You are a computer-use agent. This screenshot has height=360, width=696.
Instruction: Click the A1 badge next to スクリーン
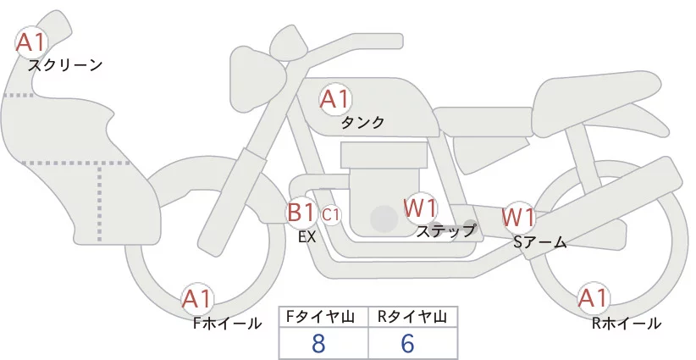pos(32,41)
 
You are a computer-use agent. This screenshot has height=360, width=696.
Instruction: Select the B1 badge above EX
pos(301,212)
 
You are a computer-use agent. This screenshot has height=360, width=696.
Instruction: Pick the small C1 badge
pos(331,214)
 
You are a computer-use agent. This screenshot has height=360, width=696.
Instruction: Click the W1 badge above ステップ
pos(420,208)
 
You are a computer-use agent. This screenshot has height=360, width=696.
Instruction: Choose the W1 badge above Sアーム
pos(518,217)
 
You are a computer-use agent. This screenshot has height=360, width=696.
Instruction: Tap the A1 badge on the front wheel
pos(198,298)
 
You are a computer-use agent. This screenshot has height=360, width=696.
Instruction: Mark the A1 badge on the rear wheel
pos(593,298)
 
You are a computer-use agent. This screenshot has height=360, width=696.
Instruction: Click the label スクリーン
pos(65,64)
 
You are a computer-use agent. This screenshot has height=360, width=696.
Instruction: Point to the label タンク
pos(362,123)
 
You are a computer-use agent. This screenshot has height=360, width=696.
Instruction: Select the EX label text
pos(307,237)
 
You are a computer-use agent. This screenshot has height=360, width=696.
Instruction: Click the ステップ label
pos(446,230)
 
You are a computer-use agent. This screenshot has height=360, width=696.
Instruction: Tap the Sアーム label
pos(539,242)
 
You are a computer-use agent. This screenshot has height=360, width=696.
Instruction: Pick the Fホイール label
pos(228,323)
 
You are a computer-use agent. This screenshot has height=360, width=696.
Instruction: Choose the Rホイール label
pos(627,323)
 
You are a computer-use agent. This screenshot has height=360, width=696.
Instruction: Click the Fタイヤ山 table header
pos(323,317)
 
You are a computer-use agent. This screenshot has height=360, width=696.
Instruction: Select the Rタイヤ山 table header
pos(412,317)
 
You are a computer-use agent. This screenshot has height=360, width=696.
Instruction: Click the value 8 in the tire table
pos(318,344)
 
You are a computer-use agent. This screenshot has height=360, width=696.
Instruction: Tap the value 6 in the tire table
pos(407,344)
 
